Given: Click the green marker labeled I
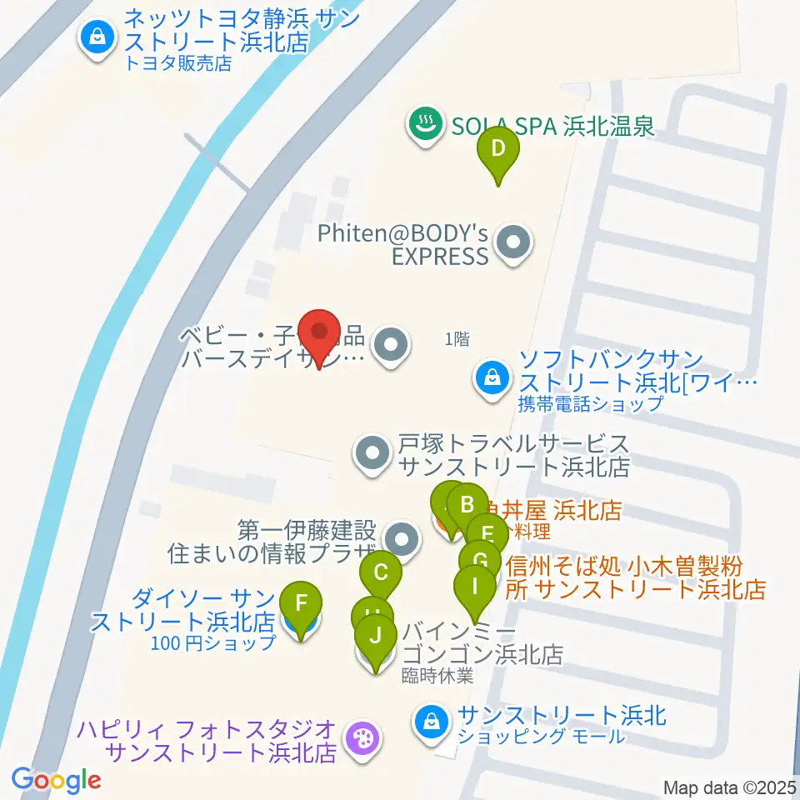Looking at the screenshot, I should point(475,587).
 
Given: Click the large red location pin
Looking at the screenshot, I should point(319,333).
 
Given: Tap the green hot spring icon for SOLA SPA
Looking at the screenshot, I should point(425,126).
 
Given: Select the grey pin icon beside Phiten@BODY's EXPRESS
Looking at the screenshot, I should point(512,243).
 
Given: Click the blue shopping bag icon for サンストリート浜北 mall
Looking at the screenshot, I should point(432,719).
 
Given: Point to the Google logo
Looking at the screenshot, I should point(56,781).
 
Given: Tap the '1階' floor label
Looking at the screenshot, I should point(457,338).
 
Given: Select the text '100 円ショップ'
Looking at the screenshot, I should point(213,642).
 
